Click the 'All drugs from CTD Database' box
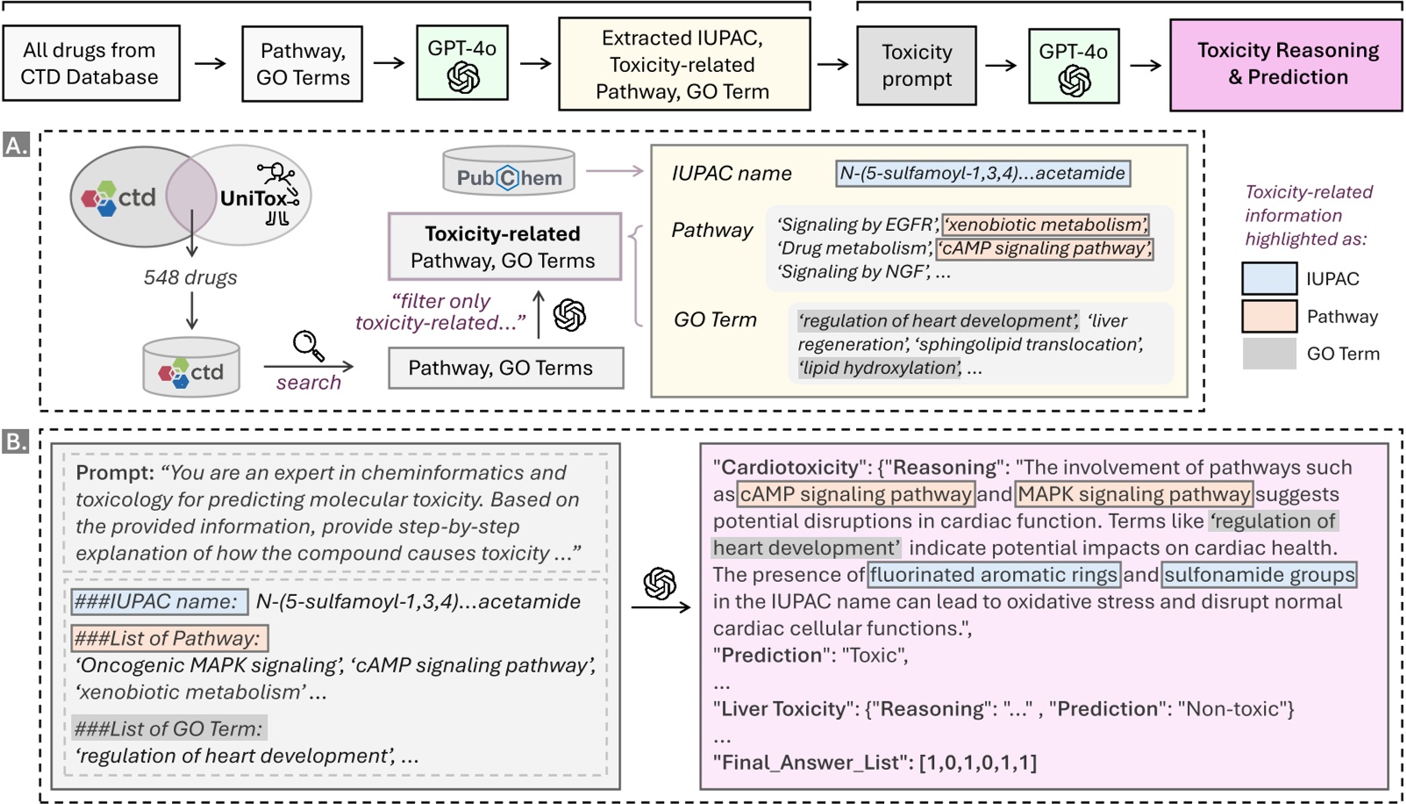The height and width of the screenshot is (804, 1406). point(91,63)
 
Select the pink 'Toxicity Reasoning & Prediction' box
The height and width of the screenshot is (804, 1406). point(1286,65)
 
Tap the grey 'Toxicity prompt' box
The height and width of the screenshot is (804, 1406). point(917,65)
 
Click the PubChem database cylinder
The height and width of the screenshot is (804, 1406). point(509,172)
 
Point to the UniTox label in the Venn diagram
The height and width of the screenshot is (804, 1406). point(253,198)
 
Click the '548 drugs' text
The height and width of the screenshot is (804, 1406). point(190,277)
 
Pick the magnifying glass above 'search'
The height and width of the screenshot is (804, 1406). point(308,346)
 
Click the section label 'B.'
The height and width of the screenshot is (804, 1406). point(17,441)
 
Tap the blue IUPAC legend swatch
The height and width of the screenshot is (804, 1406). point(1268,279)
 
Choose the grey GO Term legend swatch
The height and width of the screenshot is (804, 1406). point(1268,354)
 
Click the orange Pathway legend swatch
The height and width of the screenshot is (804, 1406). point(1268,316)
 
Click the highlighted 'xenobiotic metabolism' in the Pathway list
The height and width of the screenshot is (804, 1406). point(1046,225)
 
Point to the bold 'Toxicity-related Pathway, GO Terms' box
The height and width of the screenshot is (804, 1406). point(504,247)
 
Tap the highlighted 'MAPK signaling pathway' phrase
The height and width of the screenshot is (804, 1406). point(1133,494)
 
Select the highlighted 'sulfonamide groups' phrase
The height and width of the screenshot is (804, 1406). point(1259,575)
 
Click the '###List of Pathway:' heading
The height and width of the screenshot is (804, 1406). point(168,638)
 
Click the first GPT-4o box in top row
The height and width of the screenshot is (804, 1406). point(462,63)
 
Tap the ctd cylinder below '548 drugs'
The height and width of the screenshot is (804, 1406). point(191,369)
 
